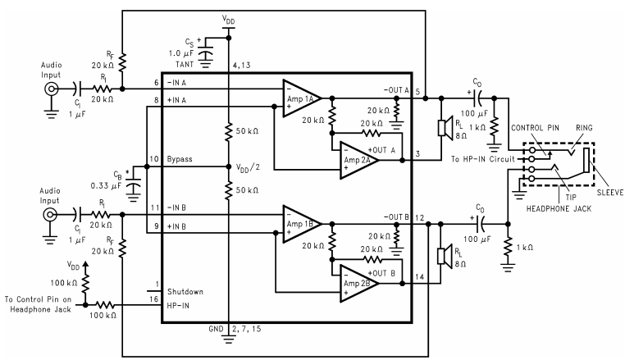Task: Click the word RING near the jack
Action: pos(577,128)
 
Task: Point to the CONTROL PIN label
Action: pos(533,128)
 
